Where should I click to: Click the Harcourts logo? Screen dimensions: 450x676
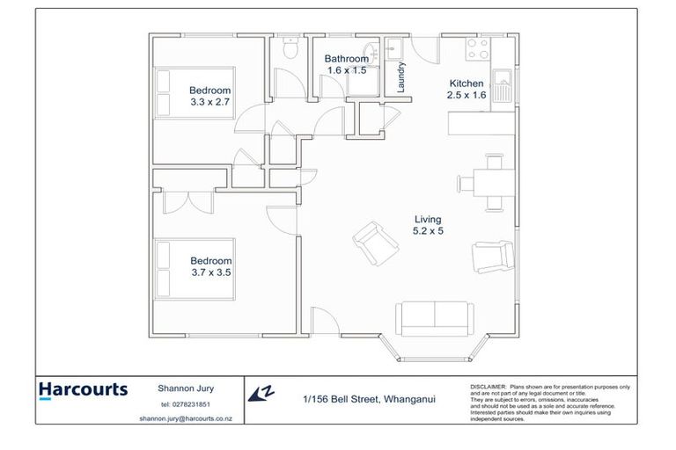(x=84, y=390)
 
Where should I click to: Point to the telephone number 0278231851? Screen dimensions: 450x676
(x=184, y=404)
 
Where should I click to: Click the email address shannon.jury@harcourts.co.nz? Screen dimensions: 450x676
(x=184, y=419)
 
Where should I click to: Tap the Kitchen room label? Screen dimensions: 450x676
(x=465, y=83)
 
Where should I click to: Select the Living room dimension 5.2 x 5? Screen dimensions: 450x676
(x=428, y=231)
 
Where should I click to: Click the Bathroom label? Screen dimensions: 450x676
(x=348, y=59)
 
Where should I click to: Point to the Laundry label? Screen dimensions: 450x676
(x=401, y=76)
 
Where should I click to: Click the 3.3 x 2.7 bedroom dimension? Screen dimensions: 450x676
(x=209, y=102)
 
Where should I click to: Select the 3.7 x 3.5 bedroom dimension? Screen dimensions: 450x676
(x=210, y=273)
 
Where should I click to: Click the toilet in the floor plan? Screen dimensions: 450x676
(x=287, y=51)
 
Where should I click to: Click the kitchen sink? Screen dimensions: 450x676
(x=503, y=86)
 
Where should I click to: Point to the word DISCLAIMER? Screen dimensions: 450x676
(x=489, y=386)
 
